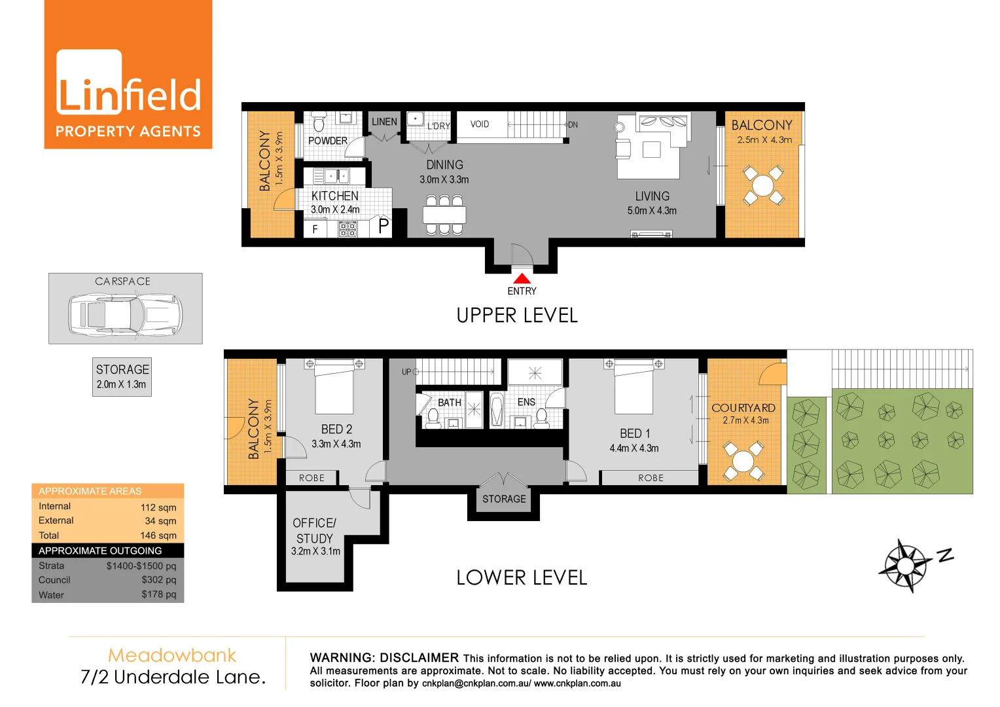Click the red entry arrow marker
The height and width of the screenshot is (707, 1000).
522,279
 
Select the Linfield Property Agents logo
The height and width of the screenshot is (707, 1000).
128,75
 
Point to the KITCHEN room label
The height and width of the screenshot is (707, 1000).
334,196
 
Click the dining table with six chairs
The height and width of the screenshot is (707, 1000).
444,215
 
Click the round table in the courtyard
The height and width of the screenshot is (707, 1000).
743,461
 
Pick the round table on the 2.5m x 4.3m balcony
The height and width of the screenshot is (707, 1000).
762,185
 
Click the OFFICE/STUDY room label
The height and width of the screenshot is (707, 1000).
315,530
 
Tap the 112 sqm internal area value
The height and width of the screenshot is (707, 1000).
158,507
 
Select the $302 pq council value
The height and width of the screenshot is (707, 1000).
159,580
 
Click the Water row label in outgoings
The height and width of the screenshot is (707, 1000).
51,595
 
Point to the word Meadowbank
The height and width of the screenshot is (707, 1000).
172,655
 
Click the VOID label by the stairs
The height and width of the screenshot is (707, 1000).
480,124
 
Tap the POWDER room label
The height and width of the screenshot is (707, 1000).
328,141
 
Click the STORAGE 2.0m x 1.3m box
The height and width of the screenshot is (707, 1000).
122,376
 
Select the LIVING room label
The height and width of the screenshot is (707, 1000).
652,196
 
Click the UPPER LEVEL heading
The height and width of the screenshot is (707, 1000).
517,316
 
